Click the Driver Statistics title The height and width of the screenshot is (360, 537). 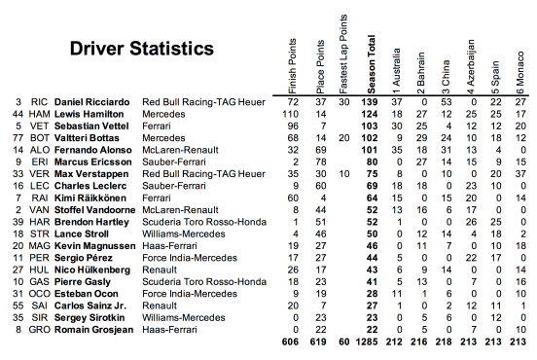(x=142, y=49)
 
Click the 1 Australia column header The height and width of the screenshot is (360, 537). (x=395, y=59)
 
